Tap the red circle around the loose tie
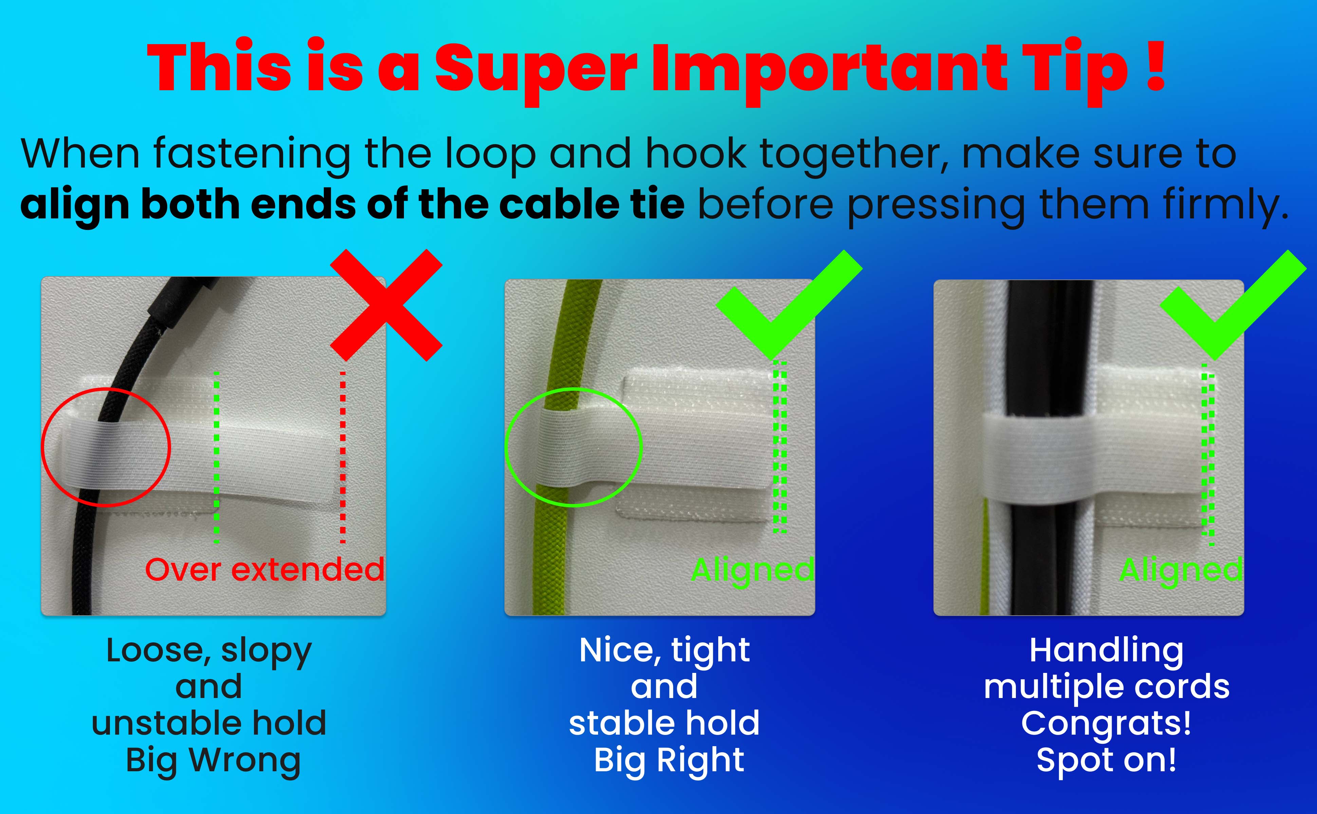click(43, 447)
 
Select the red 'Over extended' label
click(264, 569)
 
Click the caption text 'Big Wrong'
click(213, 760)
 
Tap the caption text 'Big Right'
click(669, 760)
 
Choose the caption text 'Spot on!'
click(1107, 760)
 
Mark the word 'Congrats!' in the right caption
click(1107, 723)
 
